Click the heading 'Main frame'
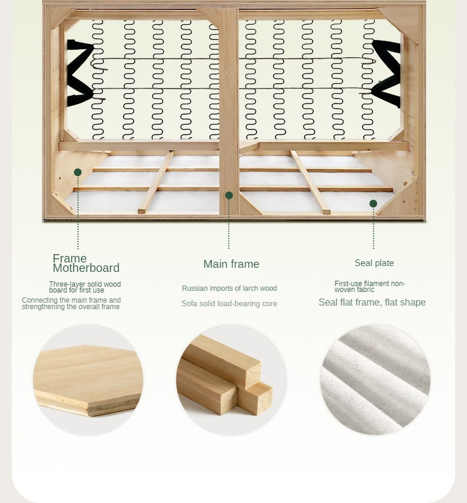(231, 264)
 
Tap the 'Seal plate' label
(374, 263)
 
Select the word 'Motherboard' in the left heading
(86, 268)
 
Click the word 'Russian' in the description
(192, 288)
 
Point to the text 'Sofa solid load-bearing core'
(229, 303)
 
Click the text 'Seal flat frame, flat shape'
(372, 302)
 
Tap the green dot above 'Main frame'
(229, 196)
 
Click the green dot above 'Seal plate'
(373, 203)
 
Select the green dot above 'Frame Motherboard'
(77, 172)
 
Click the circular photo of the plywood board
(88, 380)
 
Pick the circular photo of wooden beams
(231, 380)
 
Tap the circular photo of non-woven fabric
(375, 380)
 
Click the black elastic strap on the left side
(79, 73)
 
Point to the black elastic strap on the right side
(386, 73)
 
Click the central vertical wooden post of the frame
(228, 111)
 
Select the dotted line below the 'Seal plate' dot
(374, 228)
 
